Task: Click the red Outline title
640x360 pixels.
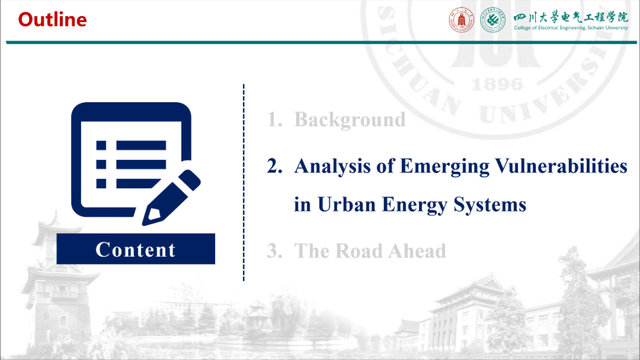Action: click(x=52, y=19)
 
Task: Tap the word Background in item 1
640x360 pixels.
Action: click(x=350, y=120)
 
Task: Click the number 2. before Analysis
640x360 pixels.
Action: click(x=275, y=166)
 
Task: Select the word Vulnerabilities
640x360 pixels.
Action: click(x=561, y=166)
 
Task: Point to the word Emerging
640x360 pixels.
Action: click(x=444, y=167)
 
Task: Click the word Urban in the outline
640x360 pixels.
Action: click(x=346, y=204)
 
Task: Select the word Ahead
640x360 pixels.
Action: click(x=417, y=251)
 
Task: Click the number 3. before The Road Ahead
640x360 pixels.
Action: click(x=275, y=251)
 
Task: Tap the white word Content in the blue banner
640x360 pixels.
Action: click(x=136, y=250)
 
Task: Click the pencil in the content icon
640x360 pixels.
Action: click(x=171, y=197)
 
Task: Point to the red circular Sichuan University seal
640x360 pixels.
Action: click(x=461, y=19)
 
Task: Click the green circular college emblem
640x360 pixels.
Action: click(x=493, y=19)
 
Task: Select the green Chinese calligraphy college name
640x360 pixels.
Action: click(x=571, y=17)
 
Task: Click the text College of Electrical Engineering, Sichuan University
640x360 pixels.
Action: click(x=571, y=28)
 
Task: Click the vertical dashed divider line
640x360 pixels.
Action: click(x=244, y=182)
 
